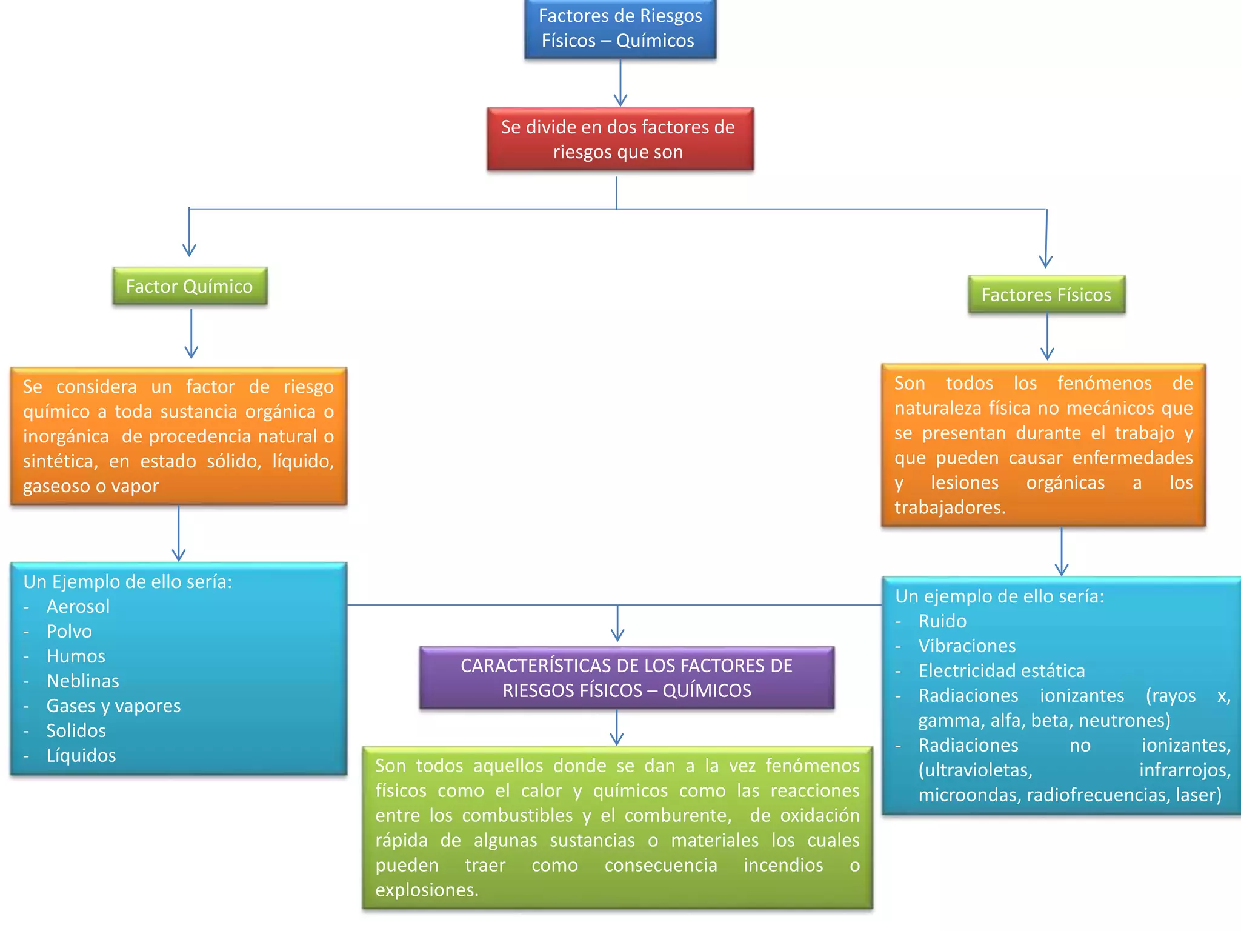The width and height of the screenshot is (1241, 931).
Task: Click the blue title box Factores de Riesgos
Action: [620, 28]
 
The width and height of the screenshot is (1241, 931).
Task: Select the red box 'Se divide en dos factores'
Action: [620, 139]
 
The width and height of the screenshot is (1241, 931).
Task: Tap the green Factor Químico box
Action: [190, 286]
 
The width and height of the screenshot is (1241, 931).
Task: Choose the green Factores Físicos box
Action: [1046, 295]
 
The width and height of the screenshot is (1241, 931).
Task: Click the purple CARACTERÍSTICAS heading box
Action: [627, 678]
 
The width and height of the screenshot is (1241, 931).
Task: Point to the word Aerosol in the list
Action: [78, 606]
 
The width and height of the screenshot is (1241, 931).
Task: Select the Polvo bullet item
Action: [69, 631]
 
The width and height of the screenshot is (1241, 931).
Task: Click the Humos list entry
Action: [76, 656]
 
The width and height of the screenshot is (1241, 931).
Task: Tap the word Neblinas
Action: [83, 681]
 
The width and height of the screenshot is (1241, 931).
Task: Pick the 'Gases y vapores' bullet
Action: [114, 706]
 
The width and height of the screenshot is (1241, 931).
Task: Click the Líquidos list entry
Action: [81, 755]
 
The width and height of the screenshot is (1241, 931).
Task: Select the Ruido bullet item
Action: [942, 621]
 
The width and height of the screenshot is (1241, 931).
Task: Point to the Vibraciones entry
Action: [967, 646]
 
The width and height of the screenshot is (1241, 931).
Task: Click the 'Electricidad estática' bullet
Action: [1002, 670]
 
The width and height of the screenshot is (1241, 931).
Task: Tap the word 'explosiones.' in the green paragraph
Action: [427, 890]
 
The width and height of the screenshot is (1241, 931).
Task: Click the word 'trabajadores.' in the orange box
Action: [950, 507]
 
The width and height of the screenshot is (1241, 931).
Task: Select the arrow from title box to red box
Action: [620, 83]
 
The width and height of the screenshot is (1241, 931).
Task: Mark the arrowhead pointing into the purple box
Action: [617, 635]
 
